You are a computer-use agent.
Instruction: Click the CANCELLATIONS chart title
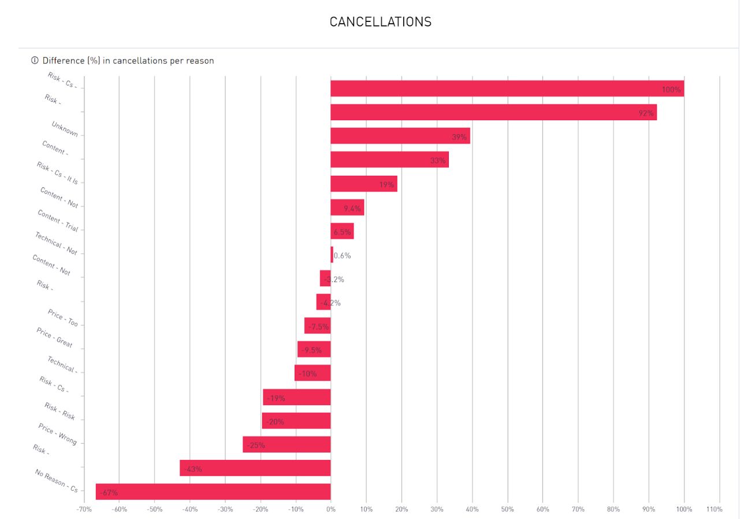380,23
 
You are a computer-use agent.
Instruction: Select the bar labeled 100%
507,88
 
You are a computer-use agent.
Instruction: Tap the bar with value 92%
493,112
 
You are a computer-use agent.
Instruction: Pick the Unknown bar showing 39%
400,136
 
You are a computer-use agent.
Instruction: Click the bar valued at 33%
389,160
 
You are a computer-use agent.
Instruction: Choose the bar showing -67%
213,491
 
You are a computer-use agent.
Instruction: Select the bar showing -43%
255,468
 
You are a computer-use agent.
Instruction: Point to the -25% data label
255,445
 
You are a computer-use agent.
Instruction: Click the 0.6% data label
342,255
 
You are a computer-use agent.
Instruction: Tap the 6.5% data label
342,232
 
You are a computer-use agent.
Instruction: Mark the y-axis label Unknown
65,129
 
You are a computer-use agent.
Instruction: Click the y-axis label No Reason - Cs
56,481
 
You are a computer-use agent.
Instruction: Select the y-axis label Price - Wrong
58,434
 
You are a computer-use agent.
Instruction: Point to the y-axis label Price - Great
55,338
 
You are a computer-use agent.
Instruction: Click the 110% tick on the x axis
714,509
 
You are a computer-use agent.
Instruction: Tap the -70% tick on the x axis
83,509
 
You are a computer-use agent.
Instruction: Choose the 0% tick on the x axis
330,509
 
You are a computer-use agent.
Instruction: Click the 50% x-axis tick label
507,509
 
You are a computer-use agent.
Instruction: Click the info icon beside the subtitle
35,61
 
